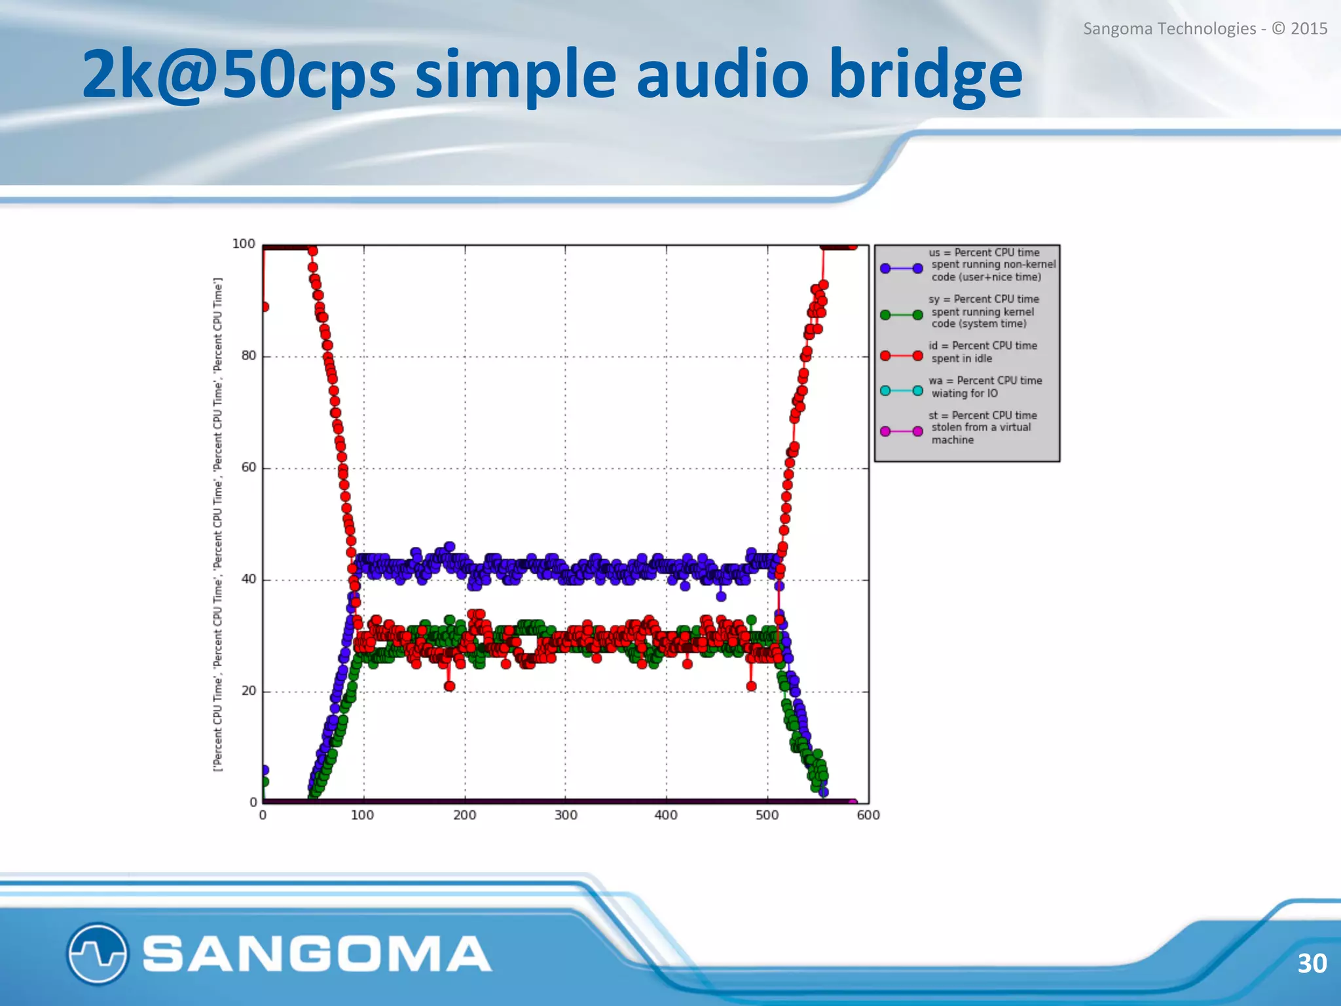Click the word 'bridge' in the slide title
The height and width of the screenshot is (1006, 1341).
(925, 75)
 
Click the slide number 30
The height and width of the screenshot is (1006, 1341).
(1312, 963)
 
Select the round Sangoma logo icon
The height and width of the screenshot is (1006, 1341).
(97, 953)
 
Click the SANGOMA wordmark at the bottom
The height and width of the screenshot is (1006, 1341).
(317, 954)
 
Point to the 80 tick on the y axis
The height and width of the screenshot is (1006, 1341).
(249, 356)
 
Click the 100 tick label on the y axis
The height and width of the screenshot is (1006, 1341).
(244, 244)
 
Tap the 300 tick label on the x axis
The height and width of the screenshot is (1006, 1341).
(566, 815)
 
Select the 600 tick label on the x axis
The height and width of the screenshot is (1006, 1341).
(868, 815)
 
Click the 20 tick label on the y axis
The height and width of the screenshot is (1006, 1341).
(249, 691)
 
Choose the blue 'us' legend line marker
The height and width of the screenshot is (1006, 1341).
(902, 268)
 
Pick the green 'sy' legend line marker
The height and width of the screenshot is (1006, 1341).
(902, 315)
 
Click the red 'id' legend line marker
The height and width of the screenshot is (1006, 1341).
(902, 356)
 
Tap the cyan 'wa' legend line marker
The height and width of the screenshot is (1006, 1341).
(902, 391)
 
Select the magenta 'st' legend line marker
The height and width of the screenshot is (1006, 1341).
(902, 431)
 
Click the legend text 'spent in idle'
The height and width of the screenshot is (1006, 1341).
(961, 359)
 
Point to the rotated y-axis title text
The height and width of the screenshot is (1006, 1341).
(219, 524)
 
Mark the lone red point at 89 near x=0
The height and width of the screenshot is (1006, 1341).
(264, 307)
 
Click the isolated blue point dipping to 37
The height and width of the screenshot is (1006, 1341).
(721, 596)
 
